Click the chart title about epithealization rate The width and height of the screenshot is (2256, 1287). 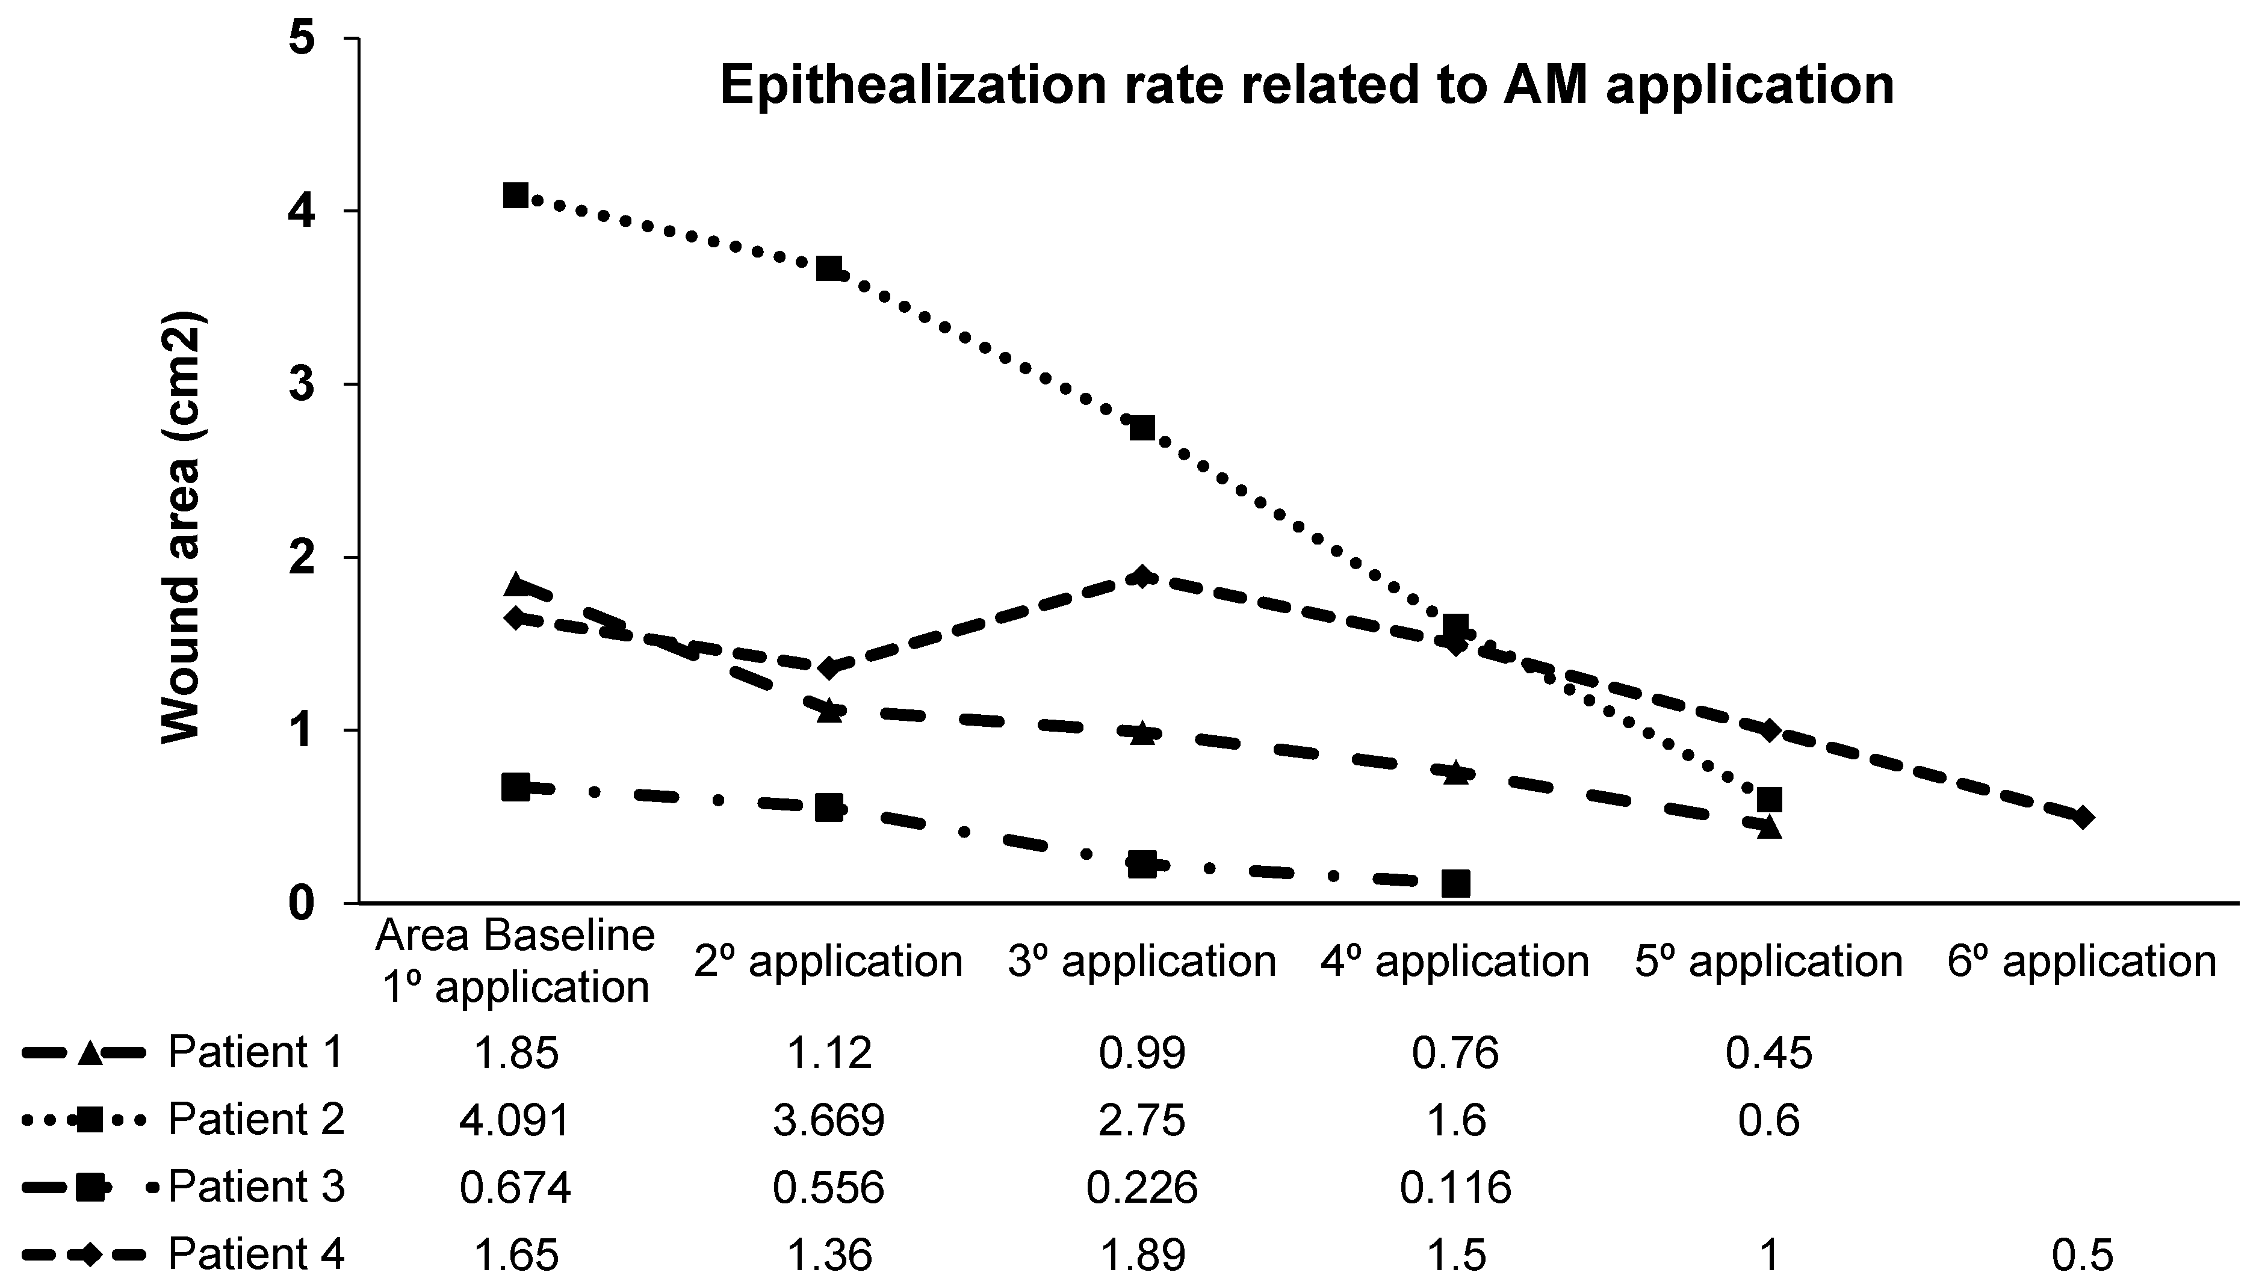[1307, 86]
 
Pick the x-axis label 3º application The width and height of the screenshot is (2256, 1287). [1142, 961]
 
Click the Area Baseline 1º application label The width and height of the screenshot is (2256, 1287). [515, 961]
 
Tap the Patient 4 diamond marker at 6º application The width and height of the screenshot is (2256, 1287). [2082, 816]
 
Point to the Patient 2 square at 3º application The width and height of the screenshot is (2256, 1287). [1142, 428]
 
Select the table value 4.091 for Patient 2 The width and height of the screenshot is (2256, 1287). [515, 1120]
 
